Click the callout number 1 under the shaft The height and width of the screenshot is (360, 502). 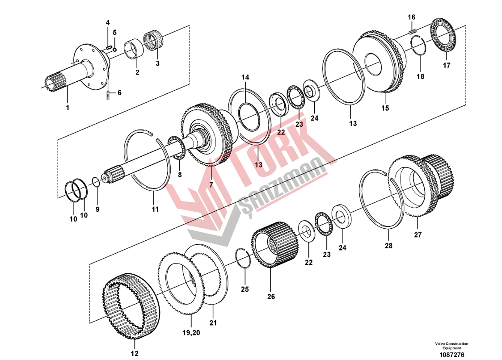(67, 108)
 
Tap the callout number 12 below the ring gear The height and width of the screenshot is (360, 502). (135, 353)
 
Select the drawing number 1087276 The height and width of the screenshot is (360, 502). (451, 355)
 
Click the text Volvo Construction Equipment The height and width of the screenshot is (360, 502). (451, 346)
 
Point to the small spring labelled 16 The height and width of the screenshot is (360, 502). (413, 31)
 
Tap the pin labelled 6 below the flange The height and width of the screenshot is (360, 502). (108, 95)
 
